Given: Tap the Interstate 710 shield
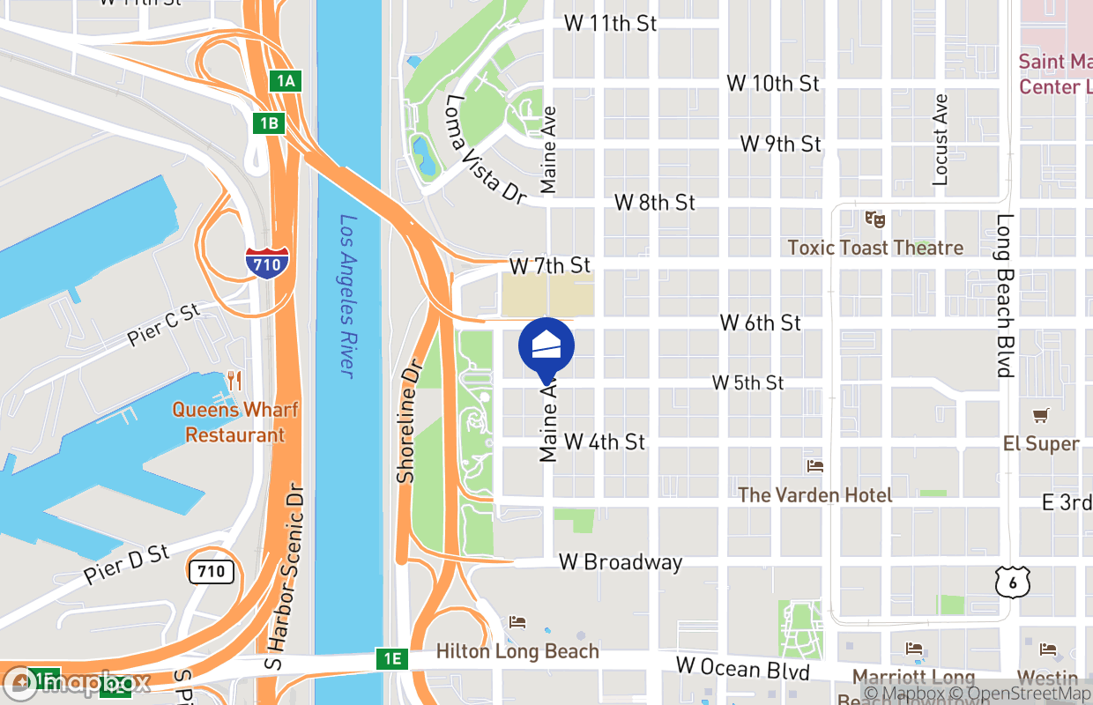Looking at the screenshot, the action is click(266, 263).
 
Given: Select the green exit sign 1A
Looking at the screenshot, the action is click(286, 81).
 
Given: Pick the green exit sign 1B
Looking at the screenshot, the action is click(269, 122).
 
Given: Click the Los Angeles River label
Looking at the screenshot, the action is click(348, 297).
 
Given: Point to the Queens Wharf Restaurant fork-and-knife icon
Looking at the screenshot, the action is click(234, 381).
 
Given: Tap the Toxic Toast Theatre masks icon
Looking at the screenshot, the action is click(874, 218).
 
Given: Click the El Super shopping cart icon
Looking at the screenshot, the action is click(1040, 415).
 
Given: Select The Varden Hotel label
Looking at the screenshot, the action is click(814, 495).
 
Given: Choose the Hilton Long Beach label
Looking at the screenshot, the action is click(518, 652).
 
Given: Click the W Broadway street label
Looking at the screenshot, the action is click(621, 562).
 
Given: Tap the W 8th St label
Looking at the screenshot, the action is click(655, 202).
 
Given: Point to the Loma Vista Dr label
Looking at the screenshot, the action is click(484, 150).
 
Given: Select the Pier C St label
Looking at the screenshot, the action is click(164, 323).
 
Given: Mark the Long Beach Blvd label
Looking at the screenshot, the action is click(1005, 295).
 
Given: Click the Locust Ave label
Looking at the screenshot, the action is click(941, 139).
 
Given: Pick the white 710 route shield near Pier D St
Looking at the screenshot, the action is click(212, 571).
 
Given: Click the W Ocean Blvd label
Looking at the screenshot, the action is click(742, 669).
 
